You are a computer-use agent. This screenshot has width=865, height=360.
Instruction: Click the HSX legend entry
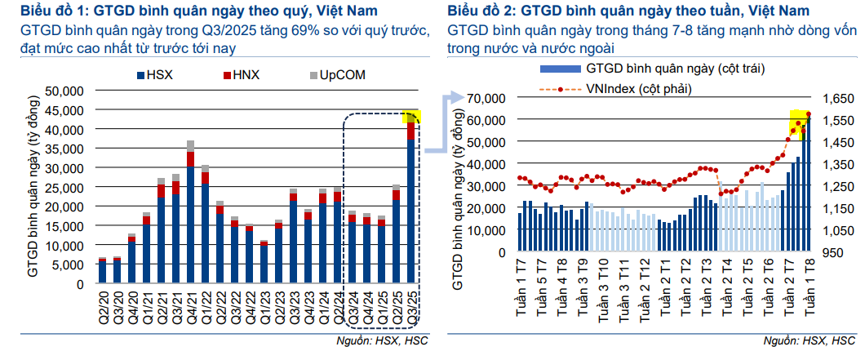161,75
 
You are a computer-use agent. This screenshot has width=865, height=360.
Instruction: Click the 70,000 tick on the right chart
489,98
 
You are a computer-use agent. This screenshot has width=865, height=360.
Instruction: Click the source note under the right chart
808,340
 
